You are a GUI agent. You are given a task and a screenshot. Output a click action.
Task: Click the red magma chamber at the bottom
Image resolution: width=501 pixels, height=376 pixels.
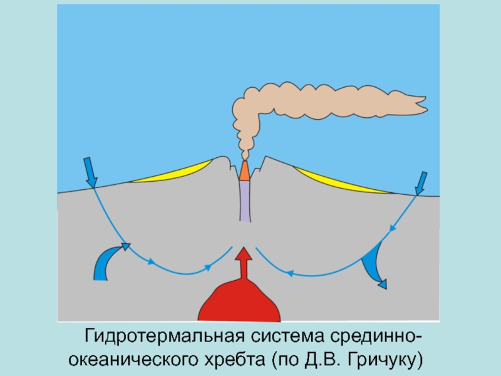240,304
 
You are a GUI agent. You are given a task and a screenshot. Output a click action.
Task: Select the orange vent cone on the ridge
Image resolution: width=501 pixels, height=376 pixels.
244,170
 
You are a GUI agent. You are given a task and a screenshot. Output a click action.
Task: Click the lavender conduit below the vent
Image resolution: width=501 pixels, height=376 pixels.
244,199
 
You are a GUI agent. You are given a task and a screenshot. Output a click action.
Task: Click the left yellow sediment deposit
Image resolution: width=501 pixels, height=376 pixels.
178,174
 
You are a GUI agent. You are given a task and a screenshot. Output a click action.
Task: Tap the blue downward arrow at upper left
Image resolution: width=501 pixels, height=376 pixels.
89,172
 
